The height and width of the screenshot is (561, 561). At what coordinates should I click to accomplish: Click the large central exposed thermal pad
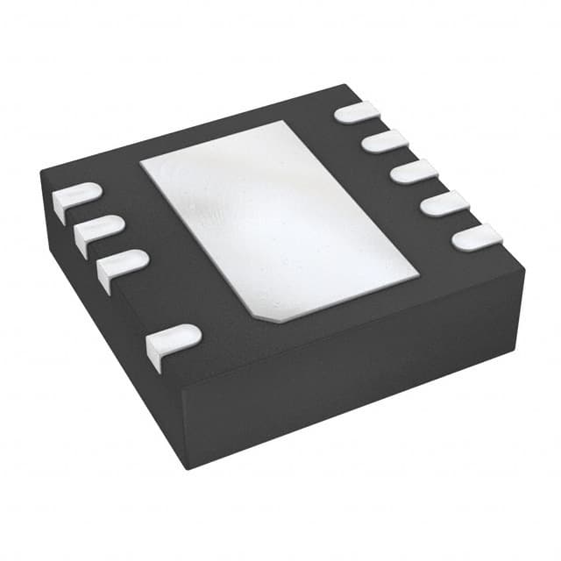[x=279, y=219]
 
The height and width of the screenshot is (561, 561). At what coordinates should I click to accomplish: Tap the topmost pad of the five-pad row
[x=358, y=112]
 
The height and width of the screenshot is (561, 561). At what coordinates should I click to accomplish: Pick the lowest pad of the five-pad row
[x=477, y=237]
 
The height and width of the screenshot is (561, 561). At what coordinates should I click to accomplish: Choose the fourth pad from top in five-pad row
[x=444, y=203]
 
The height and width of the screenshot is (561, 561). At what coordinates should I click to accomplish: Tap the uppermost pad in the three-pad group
[x=77, y=197]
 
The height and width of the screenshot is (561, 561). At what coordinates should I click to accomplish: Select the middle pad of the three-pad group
[x=98, y=230]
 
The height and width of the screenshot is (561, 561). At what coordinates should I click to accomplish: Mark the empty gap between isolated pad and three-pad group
[x=146, y=302]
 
